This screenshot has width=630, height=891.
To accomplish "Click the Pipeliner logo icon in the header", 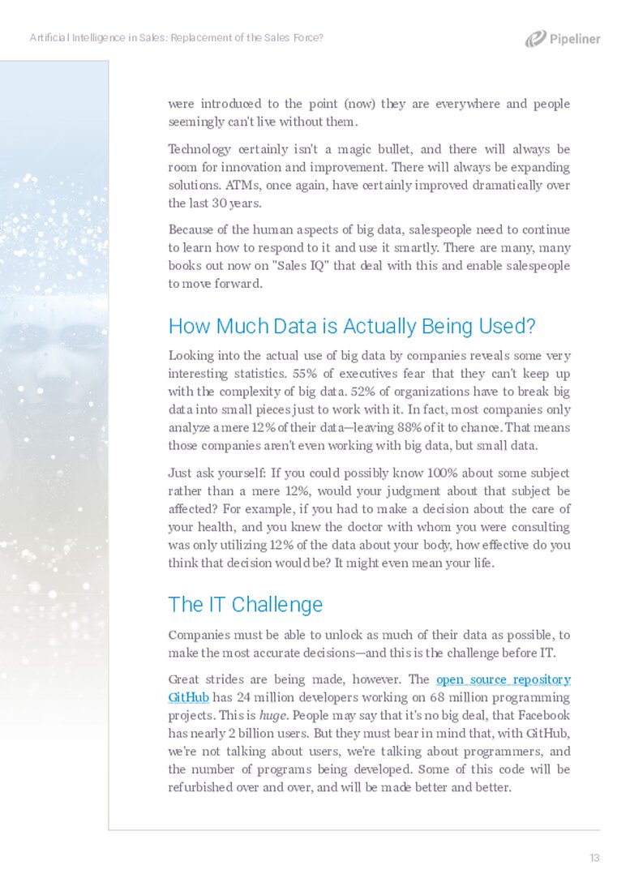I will [535, 38].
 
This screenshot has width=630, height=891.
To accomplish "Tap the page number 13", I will [594, 859].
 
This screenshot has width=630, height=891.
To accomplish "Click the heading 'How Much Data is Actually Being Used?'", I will [352, 327].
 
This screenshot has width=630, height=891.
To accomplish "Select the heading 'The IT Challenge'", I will [245, 605].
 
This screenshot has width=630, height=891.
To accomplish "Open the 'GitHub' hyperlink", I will [188, 697].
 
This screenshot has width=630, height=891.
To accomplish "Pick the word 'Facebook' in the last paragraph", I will [544, 715].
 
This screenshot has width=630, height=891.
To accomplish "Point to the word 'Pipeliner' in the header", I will [575, 39].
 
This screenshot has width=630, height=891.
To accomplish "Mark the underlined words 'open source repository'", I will [503, 679].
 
